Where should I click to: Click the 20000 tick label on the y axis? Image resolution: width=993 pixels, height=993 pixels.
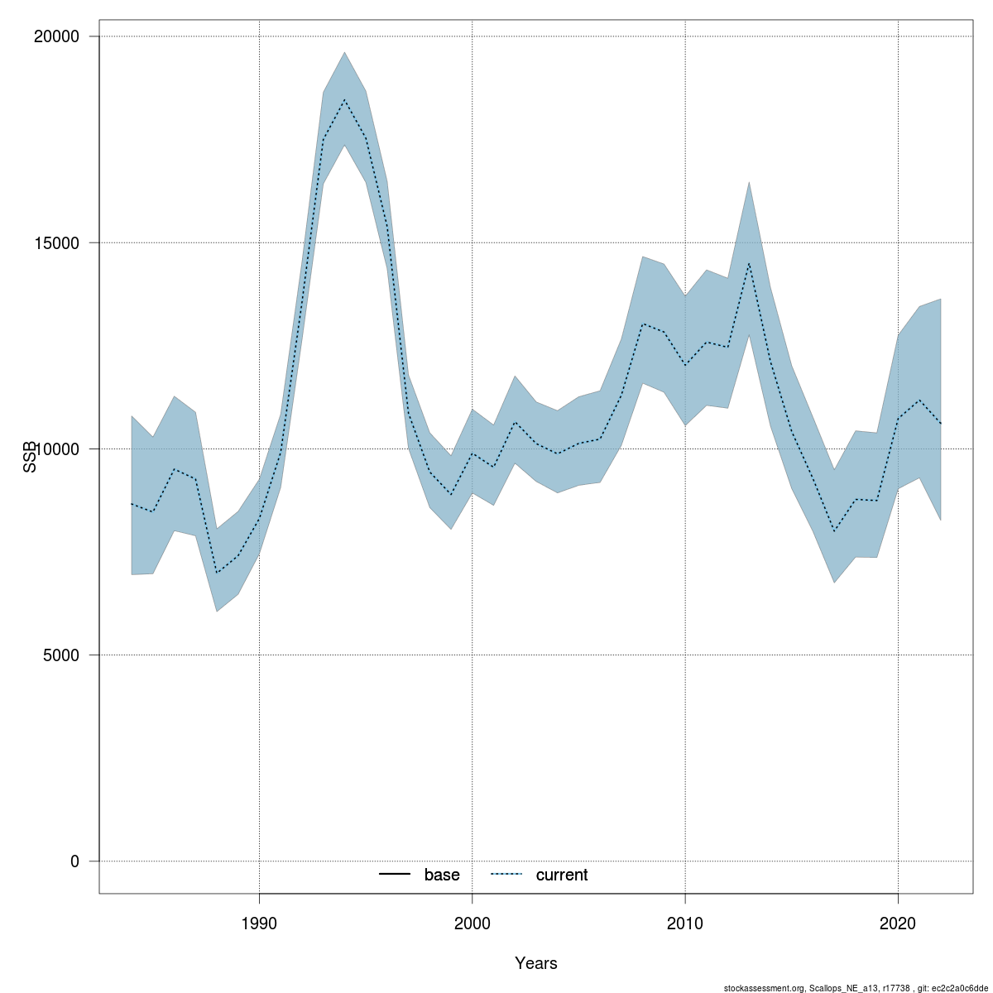[55, 36]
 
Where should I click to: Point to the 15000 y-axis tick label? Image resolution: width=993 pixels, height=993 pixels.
[55, 242]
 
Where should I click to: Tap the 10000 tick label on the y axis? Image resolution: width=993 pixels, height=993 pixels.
[55, 449]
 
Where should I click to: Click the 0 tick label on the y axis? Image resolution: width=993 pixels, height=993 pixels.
[74, 861]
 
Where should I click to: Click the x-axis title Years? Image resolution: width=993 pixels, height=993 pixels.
[535, 963]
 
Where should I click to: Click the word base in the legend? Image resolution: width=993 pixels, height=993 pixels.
[442, 875]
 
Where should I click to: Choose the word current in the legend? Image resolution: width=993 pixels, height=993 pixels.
[562, 875]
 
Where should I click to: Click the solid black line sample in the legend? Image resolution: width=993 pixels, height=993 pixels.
[395, 875]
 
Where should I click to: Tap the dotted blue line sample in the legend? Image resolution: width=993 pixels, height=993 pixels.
[506, 875]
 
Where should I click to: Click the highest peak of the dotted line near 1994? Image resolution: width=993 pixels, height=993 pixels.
[344, 100]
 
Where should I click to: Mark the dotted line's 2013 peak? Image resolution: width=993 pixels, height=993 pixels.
[749, 263]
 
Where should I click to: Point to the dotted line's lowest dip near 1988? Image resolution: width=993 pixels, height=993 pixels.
[217, 573]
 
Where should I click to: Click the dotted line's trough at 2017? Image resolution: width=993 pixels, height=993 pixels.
[834, 531]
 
